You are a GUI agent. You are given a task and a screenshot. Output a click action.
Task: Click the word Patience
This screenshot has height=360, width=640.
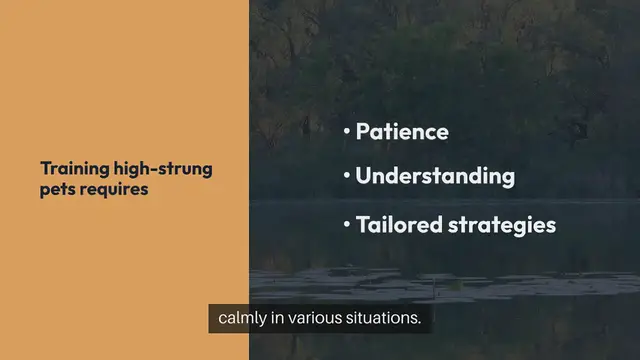coord(402,132)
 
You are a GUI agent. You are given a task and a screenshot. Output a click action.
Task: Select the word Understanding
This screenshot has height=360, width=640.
coord(435,177)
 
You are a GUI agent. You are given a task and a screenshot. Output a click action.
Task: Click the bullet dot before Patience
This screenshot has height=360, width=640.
coord(346,131)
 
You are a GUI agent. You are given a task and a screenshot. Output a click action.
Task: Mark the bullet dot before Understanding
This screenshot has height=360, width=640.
coord(346,176)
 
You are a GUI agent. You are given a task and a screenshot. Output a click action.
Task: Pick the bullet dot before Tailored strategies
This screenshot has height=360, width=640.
coord(346,223)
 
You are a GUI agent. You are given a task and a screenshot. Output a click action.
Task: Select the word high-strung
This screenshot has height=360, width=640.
coord(163,170)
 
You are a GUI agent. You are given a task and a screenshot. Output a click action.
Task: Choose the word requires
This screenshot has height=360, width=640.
coord(114,188)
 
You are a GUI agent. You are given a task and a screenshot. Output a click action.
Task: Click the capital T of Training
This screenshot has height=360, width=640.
coord(44,169)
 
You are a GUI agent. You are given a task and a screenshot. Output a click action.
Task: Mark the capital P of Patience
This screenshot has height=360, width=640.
coord(363,132)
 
